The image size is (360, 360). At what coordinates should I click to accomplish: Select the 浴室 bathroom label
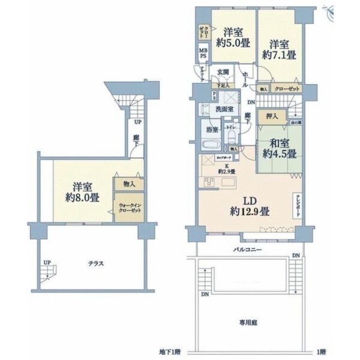coord(212,129)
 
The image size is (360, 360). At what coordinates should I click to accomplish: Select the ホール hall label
coord(247,75)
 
